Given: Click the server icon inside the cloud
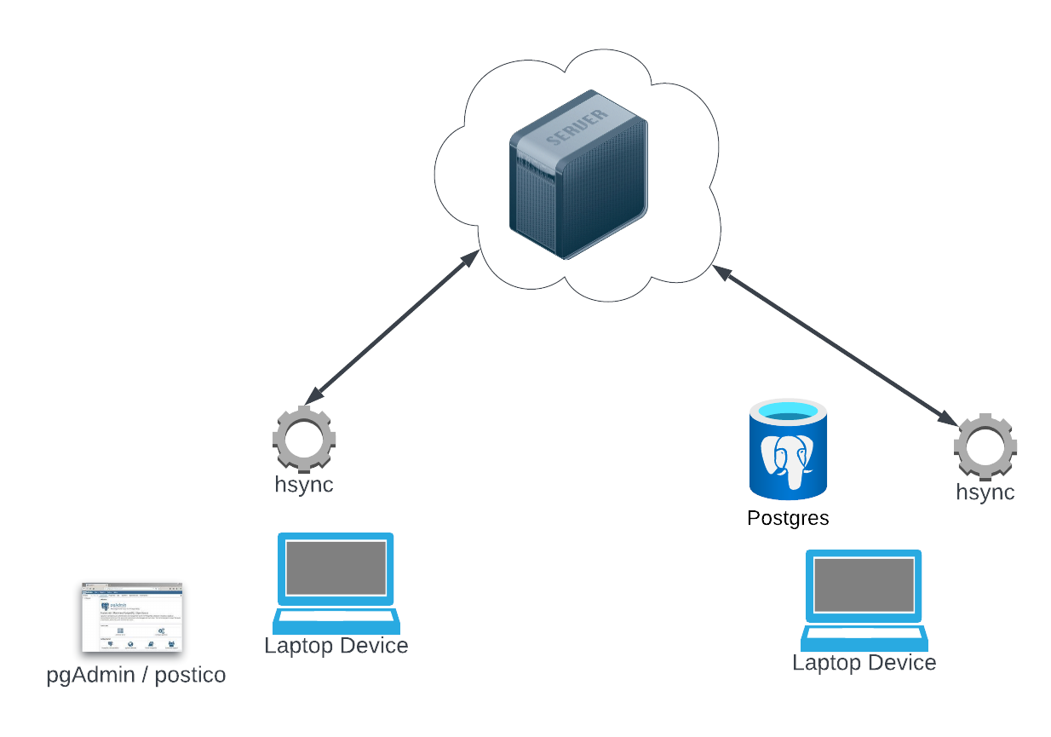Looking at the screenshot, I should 578,175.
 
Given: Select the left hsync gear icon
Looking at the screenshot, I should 303,440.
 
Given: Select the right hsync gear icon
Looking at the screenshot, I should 985,446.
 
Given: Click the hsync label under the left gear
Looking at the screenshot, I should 303,485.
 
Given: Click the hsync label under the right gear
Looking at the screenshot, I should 985,492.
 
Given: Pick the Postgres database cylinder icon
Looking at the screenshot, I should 788,449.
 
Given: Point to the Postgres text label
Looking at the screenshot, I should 788,518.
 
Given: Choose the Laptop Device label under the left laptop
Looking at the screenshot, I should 336,645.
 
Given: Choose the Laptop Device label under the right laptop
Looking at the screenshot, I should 864,662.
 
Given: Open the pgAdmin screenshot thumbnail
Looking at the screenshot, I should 132,618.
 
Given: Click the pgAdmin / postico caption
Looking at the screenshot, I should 136,676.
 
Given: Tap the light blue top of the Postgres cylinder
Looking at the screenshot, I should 788,413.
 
